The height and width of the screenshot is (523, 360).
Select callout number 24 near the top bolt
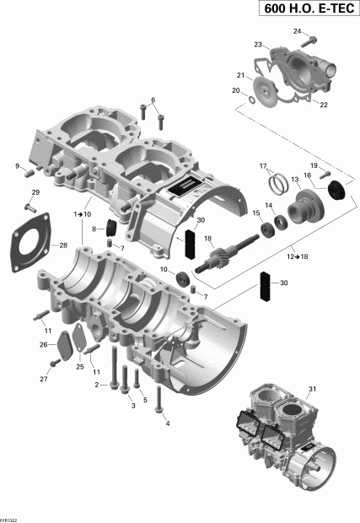point(297,31)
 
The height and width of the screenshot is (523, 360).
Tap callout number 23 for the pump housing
point(259,44)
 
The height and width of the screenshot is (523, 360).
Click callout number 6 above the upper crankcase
point(153,101)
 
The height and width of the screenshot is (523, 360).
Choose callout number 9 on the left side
point(17,166)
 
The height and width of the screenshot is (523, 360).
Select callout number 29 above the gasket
point(35,194)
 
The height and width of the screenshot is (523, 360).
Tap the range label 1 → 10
point(83,215)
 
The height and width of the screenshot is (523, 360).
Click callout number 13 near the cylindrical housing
point(295,180)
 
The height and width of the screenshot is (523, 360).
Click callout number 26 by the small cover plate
point(43,345)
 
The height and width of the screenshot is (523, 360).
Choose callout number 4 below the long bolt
point(167,423)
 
